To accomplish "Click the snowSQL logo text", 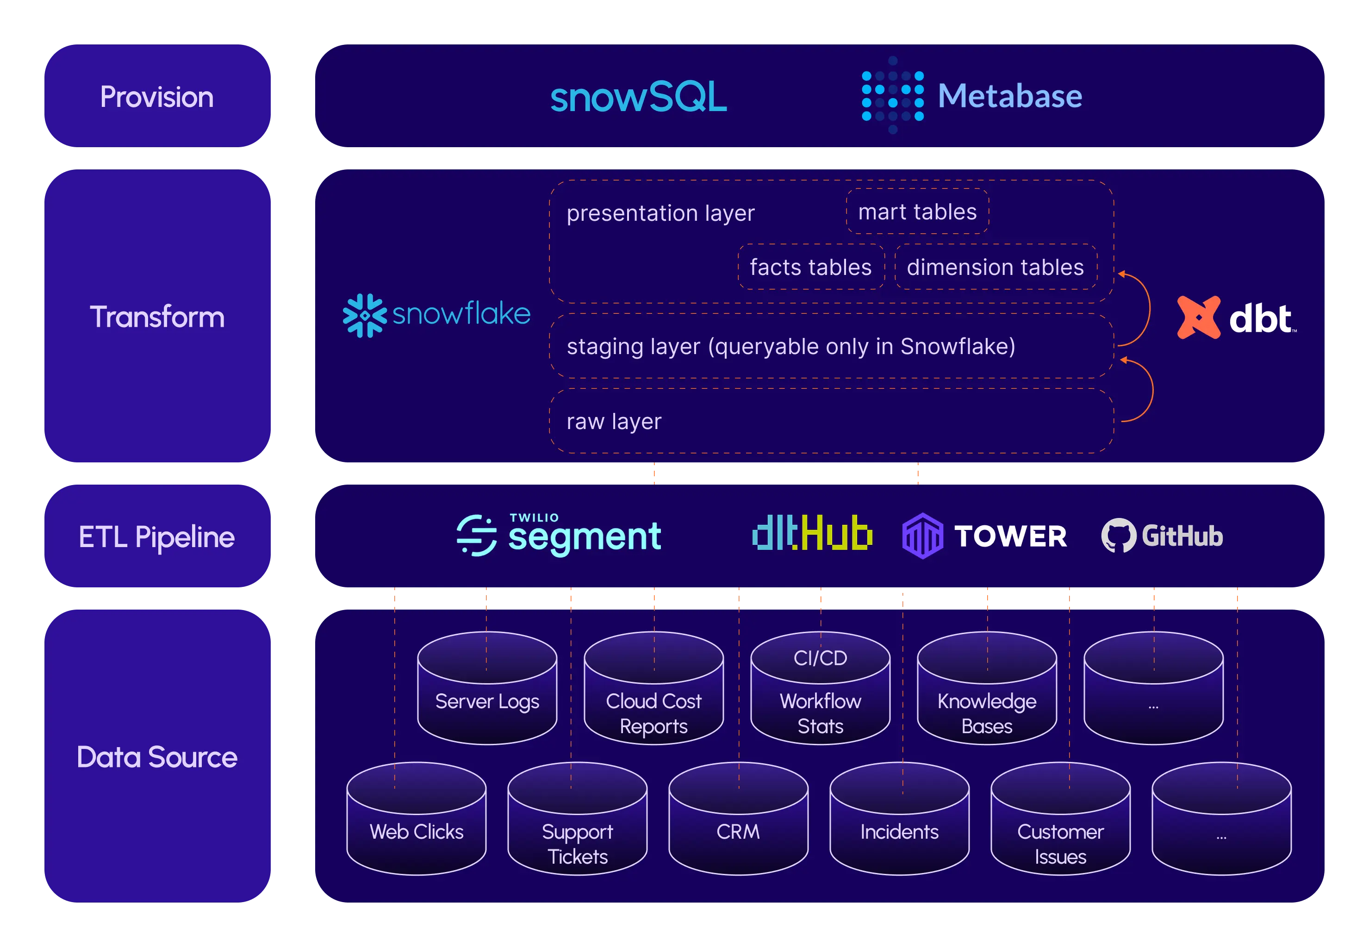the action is [638, 97].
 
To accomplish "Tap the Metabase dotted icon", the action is [892, 95].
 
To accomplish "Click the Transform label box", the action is [157, 316].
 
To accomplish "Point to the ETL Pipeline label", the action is [157, 536].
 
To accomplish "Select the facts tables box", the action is [811, 267].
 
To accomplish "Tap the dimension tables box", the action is [996, 267].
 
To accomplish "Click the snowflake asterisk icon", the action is [364, 315].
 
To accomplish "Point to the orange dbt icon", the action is [1198, 318].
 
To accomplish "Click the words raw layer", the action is [614, 421].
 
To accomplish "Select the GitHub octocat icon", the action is [1118, 535].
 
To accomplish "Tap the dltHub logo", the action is [812, 532].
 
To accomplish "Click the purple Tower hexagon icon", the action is [922, 536].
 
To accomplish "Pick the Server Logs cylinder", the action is [487, 688].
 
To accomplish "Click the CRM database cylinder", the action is [739, 819].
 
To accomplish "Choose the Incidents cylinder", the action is [899, 819].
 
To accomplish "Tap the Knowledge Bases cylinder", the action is [987, 688].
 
